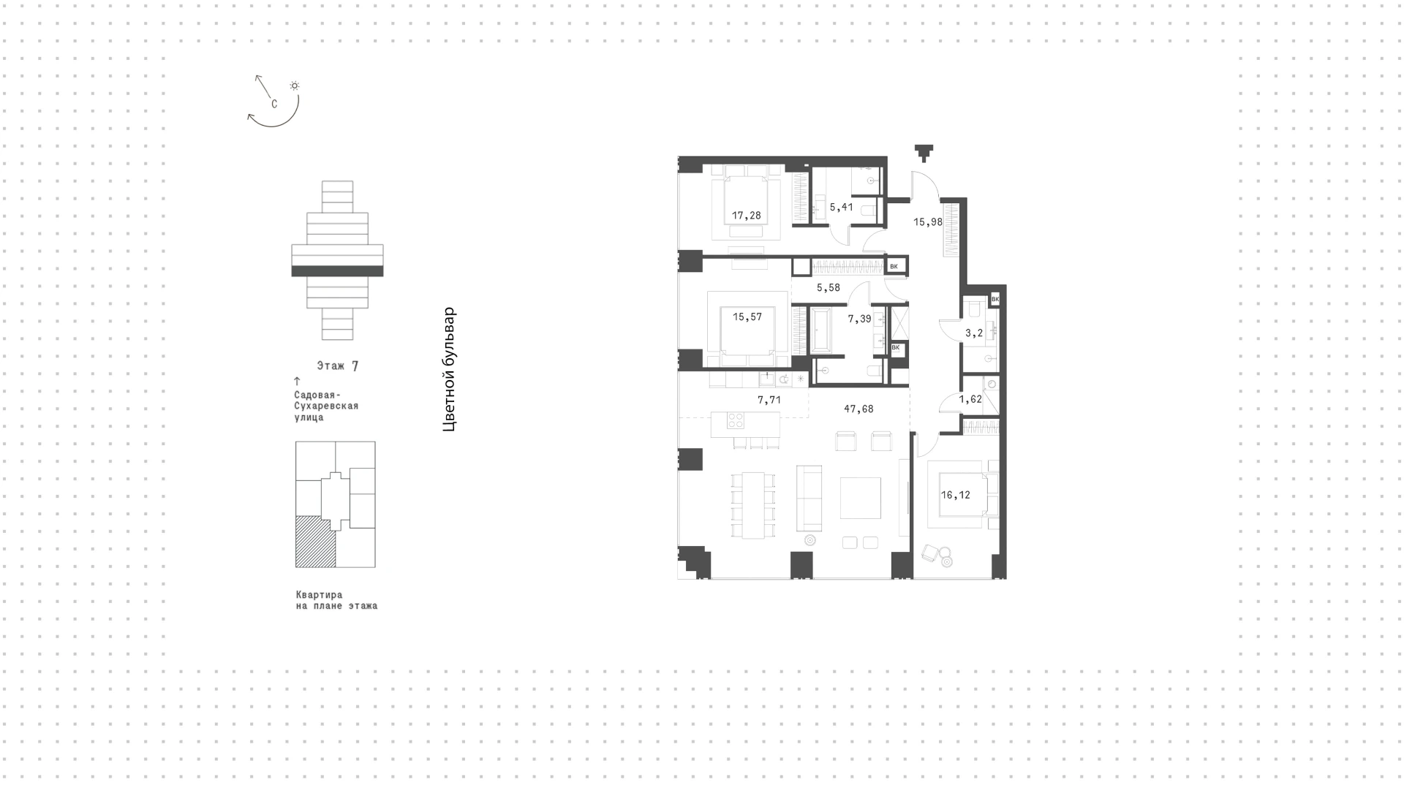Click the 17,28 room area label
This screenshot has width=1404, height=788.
[x=747, y=216]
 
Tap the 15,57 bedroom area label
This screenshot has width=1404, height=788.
[x=747, y=317]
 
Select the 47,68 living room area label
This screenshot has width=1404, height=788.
[x=858, y=409]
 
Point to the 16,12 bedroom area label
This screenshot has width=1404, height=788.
[x=956, y=495]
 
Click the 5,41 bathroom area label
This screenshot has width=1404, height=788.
[x=841, y=207]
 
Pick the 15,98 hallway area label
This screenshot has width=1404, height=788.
[x=928, y=221]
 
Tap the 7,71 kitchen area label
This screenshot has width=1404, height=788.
[x=769, y=400]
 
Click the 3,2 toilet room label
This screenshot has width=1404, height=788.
[x=974, y=333]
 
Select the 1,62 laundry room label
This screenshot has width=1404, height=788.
[x=970, y=399]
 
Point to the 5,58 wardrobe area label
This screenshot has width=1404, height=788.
[x=829, y=287]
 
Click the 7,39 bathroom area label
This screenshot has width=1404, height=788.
[x=859, y=319]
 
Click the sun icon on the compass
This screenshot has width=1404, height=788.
[x=295, y=86]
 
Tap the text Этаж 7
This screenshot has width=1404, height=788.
[x=338, y=365]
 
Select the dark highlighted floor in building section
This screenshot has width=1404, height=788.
[x=337, y=271]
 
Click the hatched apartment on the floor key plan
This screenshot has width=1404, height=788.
[x=315, y=542]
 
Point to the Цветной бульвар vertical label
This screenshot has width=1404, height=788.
[x=450, y=368]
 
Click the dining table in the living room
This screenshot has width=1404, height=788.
[x=753, y=505]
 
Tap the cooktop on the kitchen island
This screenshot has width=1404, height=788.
[x=735, y=420]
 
